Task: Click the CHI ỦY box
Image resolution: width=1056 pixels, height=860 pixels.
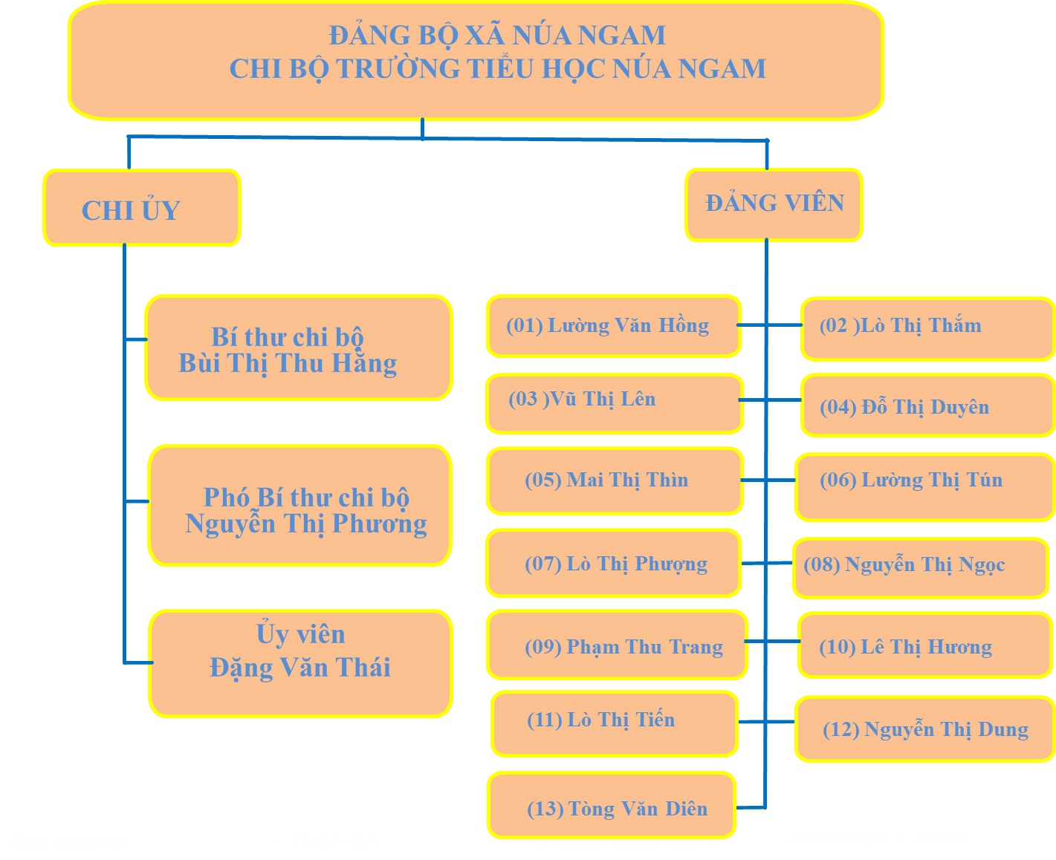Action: [141, 208]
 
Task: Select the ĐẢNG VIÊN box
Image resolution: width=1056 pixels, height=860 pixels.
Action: [774, 204]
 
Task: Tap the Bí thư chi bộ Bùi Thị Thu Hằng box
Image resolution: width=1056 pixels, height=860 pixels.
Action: [299, 348]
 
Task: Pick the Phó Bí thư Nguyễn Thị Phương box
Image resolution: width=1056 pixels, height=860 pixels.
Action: [300, 506]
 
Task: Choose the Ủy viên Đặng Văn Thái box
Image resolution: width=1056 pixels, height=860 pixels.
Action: [300, 663]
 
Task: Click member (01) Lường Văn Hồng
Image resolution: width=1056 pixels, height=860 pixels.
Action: [613, 326]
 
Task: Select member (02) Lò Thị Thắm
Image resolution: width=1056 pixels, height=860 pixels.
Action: [927, 328]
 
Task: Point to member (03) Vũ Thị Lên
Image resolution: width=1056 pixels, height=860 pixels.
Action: [614, 403]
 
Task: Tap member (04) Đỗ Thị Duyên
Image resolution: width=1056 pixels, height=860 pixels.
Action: [927, 405]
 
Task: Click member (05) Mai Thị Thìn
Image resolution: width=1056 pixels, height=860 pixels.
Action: [615, 481]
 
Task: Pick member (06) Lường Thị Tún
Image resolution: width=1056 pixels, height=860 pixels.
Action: [924, 487]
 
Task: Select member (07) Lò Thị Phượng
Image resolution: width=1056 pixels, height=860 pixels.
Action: [613, 563]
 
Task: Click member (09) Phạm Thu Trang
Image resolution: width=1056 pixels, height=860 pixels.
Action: [617, 645]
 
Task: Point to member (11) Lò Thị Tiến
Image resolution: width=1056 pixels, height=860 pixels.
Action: [615, 723]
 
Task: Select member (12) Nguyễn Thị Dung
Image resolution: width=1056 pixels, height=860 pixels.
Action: [925, 729]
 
